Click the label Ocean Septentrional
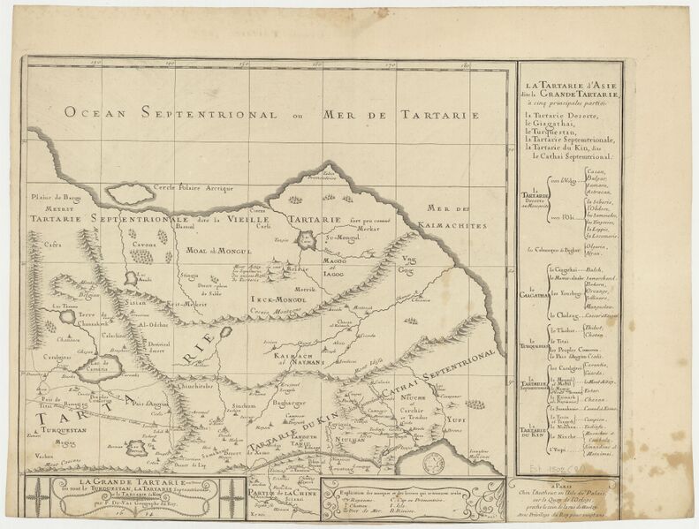166,113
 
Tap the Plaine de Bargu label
55,198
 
